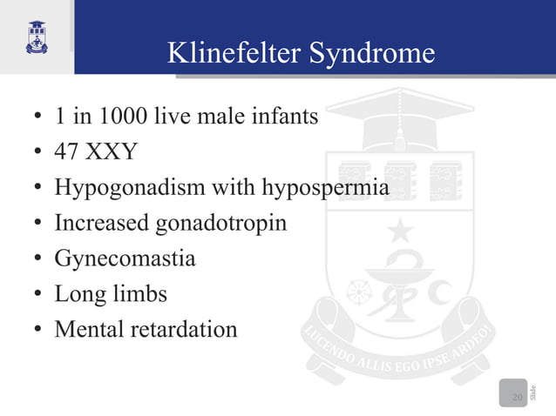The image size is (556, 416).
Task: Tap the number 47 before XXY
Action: click(x=66, y=151)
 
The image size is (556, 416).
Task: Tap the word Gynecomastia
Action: click(x=125, y=258)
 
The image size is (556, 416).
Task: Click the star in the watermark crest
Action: click(x=400, y=231)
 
